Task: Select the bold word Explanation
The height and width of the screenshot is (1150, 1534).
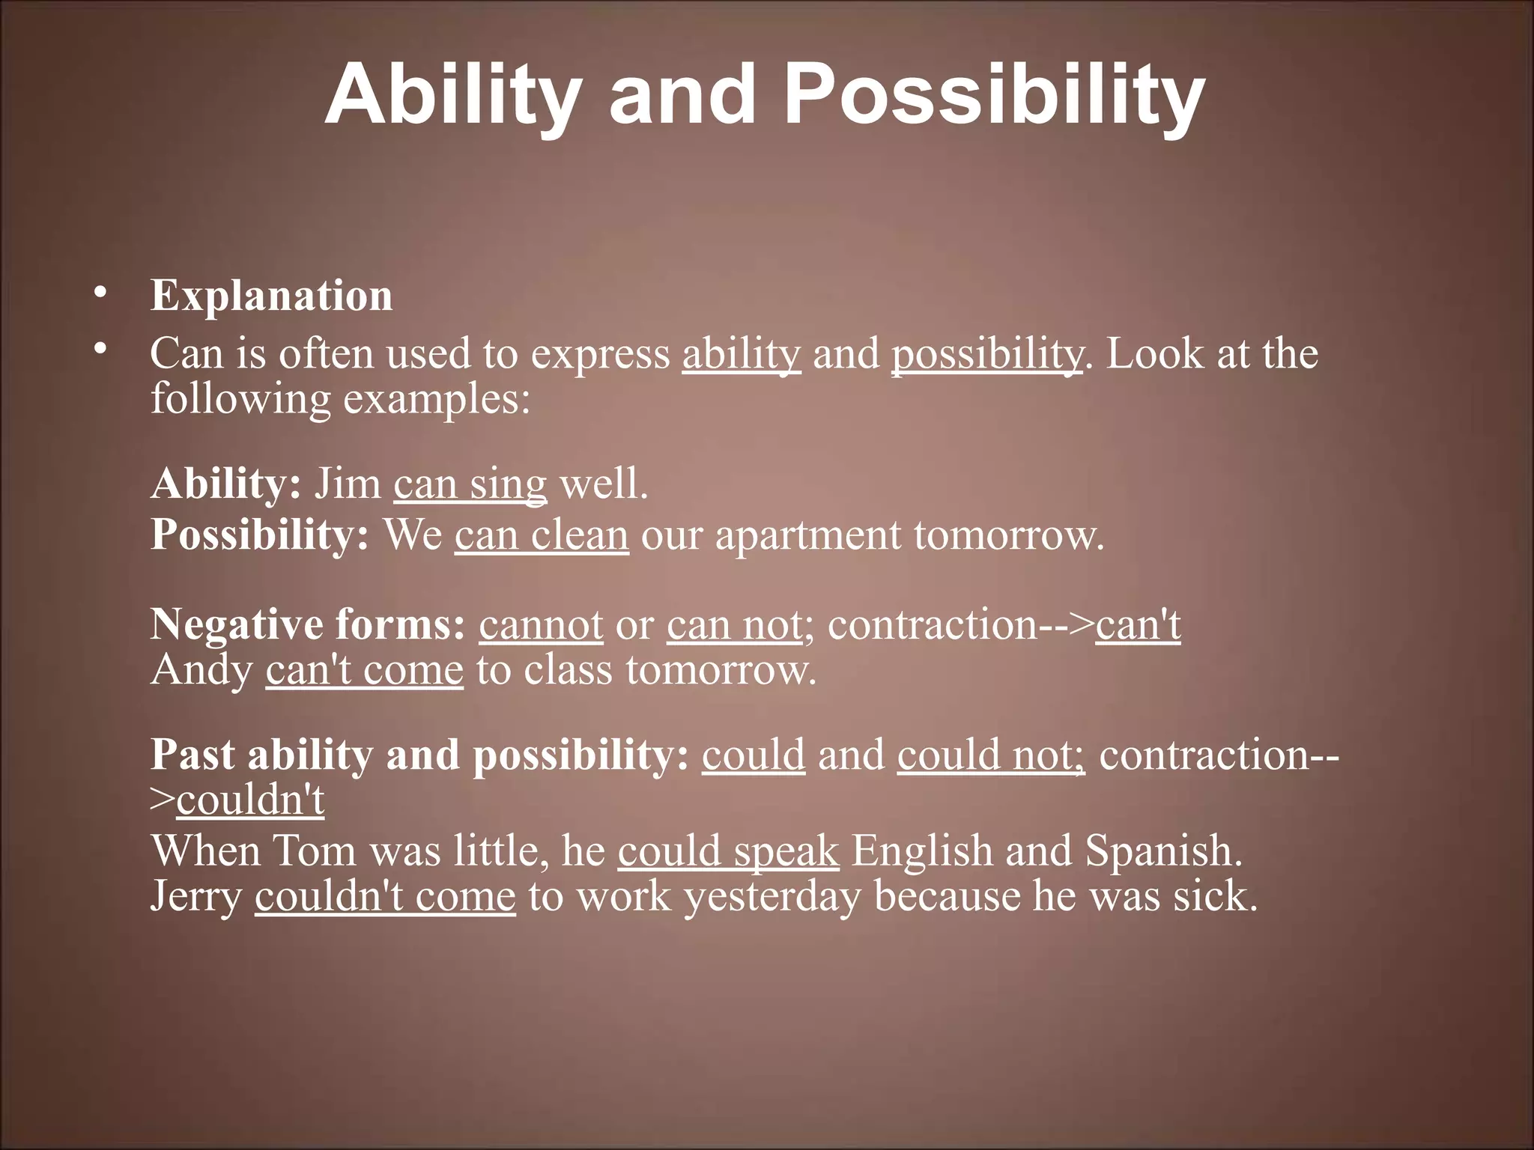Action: (271, 295)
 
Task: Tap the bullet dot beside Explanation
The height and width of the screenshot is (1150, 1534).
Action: (100, 293)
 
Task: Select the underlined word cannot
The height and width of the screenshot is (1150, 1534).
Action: (541, 624)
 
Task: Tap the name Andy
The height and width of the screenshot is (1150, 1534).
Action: (201, 670)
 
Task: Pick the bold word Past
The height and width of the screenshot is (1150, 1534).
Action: (192, 755)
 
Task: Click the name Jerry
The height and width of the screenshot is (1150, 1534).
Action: (196, 897)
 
